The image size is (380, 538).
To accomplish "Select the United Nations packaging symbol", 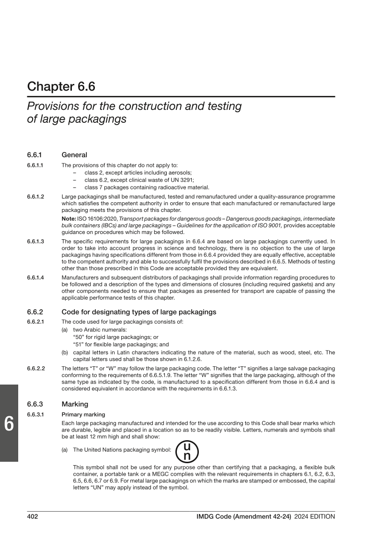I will pyautogui.click(x=187, y=451).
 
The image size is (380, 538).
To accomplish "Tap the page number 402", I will pyautogui.click(x=33, y=516).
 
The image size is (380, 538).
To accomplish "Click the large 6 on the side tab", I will pyautogui.click(x=9, y=424).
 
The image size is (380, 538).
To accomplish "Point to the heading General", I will pyautogui.click(x=74, y=155).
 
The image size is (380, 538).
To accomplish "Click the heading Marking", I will pyautogui.click(x=75, y=404).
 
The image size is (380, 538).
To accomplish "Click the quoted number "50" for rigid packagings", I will pyautogui.click(x=78, y=338).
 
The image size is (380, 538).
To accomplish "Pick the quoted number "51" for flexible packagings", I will pyautogui.click(x=77, y=344).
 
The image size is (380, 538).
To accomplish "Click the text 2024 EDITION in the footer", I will pyautogui.click(x=315, y=516).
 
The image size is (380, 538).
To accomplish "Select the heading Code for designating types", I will pyautogui.click(x=139, y=312).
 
